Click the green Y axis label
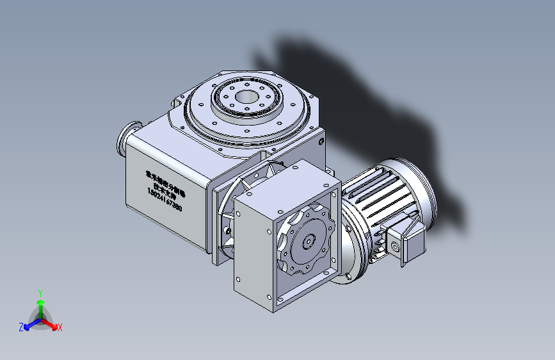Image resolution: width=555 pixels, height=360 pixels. point(40,292)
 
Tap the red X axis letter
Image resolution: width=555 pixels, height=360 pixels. point(60,327)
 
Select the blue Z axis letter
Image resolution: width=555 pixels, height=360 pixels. point(21,327)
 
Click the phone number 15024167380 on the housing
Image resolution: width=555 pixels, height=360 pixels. point(165,200)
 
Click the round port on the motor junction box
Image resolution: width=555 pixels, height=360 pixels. point(394,247)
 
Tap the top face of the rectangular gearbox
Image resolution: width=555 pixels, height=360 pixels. point(286,179)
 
